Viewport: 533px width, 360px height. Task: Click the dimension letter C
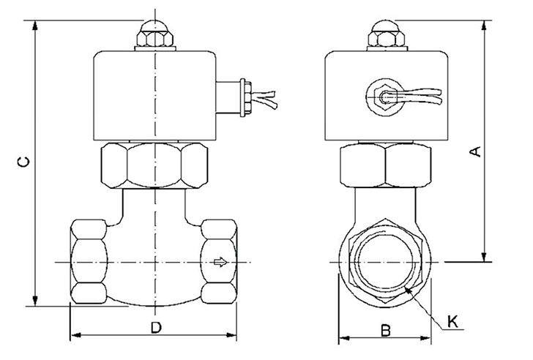[x=23, y=162]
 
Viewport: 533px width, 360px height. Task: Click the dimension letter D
[x=156, y=328]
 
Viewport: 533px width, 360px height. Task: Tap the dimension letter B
[x=385, y=331]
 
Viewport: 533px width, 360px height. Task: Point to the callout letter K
[x=452, y=321]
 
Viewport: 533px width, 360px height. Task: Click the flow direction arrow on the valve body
[x=220, y=262]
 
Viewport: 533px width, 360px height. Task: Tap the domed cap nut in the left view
[x=155, y=34]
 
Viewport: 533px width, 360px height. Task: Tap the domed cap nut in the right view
[x=387, y=34]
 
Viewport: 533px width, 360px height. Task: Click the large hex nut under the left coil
[x=154, y=165]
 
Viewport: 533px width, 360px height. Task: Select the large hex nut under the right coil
[x=386, y=165]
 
